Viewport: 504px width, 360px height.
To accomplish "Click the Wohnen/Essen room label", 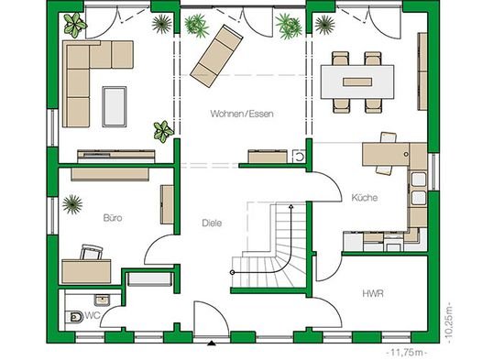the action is [x=242, y=114].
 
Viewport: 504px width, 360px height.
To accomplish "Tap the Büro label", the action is [x=113, y=218].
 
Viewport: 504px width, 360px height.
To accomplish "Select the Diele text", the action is [x=212, y=224].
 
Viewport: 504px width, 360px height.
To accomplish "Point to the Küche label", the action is [x=365, y=197].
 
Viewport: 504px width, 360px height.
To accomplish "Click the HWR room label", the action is [x=373, y=294].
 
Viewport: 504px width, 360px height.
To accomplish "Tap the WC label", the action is [x=93, y=315].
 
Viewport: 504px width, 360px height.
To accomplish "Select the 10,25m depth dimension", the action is [x=450, y=322].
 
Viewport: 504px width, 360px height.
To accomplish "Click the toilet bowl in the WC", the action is [x=74, y=317].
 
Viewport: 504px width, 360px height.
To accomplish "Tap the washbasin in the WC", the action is [x=103, y=300].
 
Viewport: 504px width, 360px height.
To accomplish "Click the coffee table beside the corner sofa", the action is [x=115, y=106].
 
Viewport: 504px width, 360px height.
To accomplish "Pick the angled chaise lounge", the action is [x=216, y=56].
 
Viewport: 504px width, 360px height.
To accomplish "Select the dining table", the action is [x=357, y=82].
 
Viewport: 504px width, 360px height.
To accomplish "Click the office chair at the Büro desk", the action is [x=92, y=252].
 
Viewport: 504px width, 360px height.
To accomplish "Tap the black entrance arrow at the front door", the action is [x=211, y=344].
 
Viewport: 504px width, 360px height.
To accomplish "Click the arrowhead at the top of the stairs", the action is [x=291, y=206].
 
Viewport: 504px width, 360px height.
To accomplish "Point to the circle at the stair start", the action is [x=233, y=273].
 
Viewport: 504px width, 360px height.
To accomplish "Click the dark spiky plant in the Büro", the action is [x=72, y=204].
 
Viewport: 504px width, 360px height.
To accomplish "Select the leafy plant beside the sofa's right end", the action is [x=163, y=132].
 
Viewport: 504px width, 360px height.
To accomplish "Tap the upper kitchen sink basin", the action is [x=419, y=180].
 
